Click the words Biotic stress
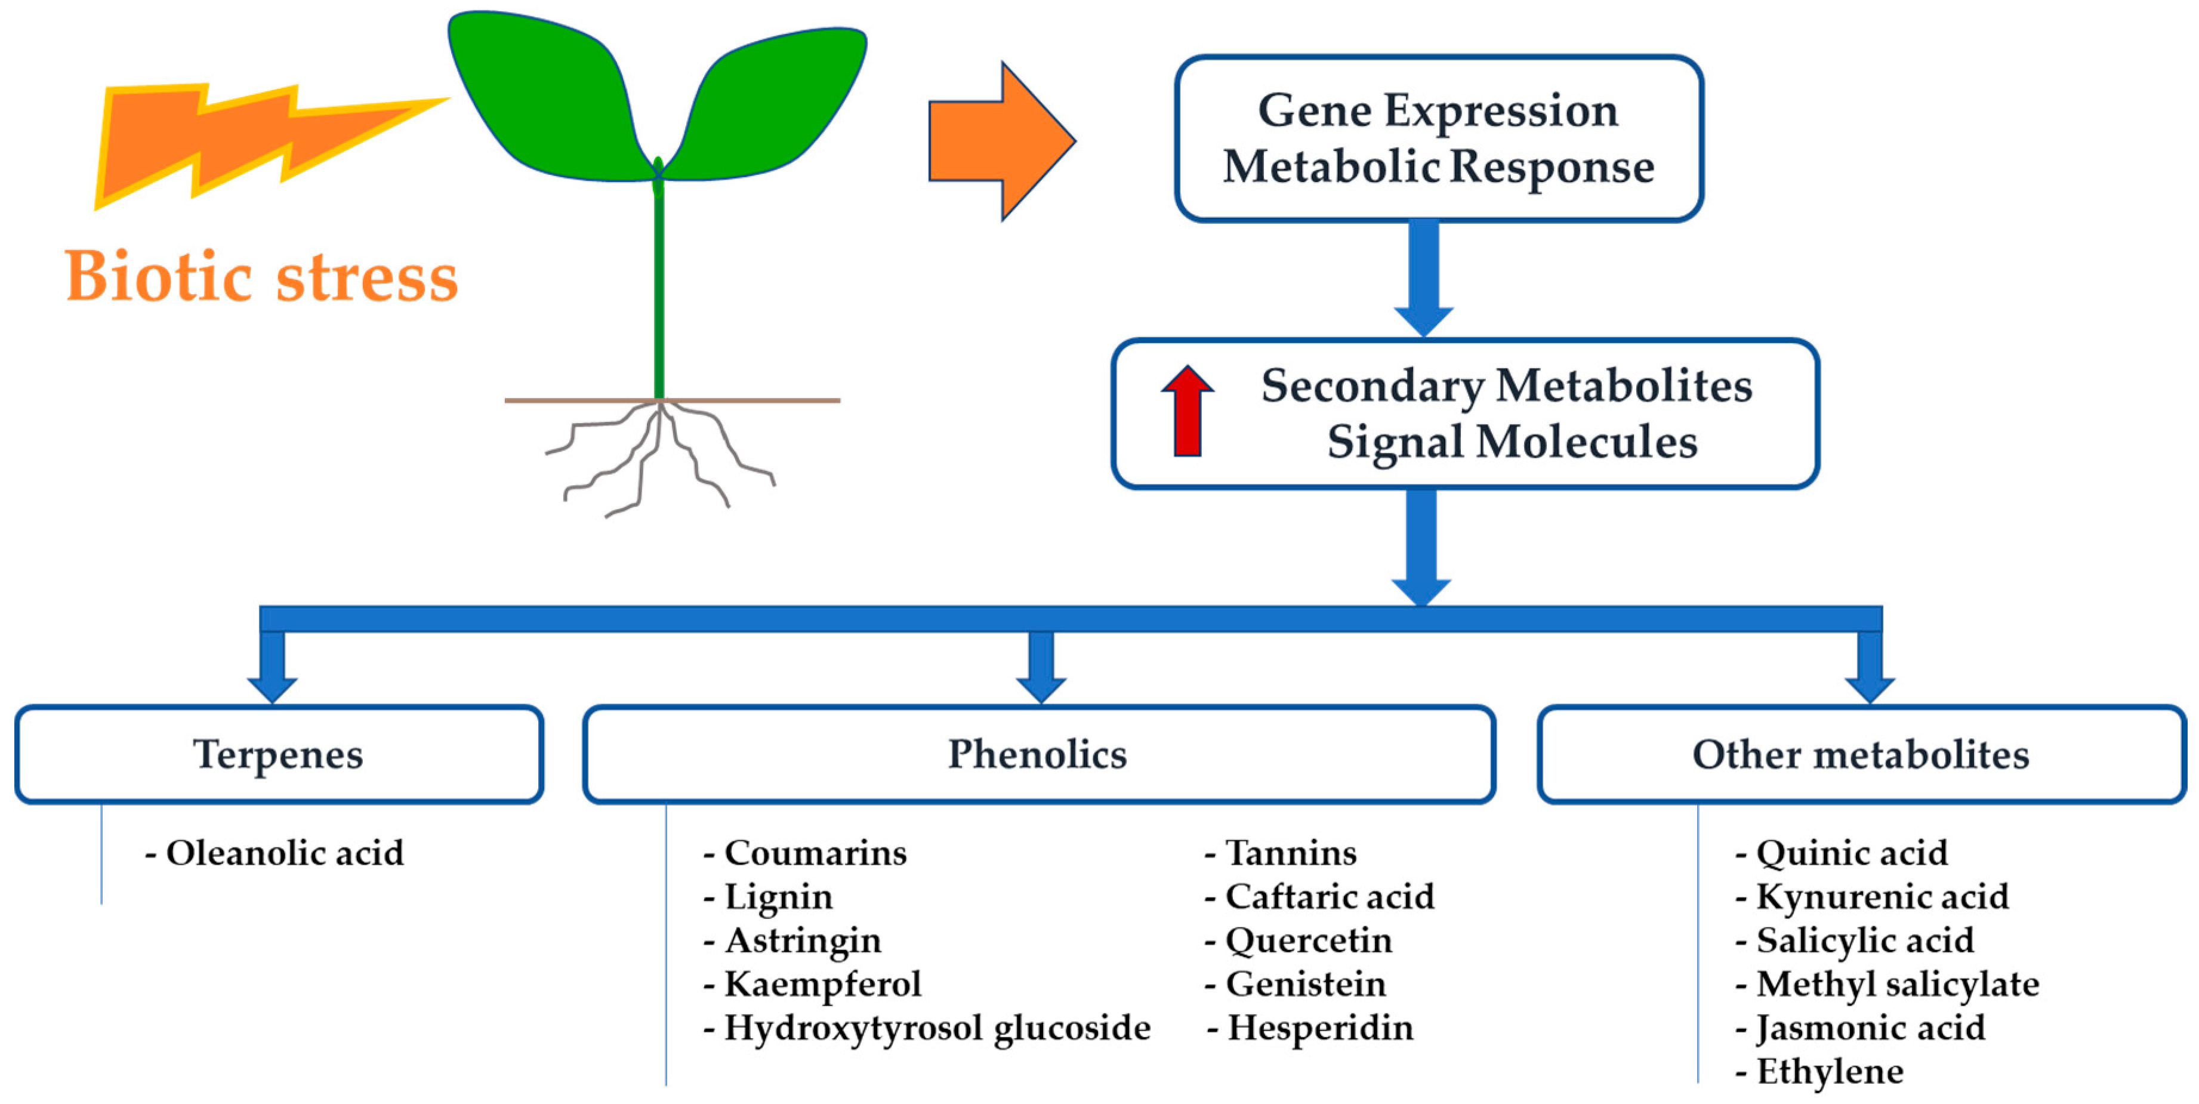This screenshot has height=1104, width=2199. click(261, 277)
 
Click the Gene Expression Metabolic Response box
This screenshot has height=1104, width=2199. click(1438, 138)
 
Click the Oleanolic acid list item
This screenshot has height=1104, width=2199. click(275, 853)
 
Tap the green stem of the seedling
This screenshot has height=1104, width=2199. click(659, 290)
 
